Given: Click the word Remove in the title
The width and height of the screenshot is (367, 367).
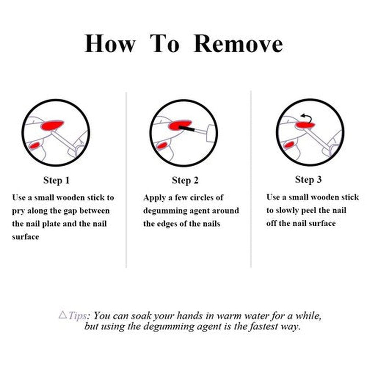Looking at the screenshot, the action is (x=238, y=44).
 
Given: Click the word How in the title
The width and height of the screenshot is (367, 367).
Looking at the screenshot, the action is (x=110, y=44).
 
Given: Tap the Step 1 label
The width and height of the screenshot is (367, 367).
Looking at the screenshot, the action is (x=56, y=180).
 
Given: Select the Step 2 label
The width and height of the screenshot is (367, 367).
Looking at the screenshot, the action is (x=185, y=180).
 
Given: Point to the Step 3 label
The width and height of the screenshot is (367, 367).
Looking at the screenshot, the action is (x=308, y=179).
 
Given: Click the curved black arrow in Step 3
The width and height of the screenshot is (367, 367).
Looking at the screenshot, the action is (x=308, y=117).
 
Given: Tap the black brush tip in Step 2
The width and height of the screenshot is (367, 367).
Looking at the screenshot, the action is (x=187, y=128).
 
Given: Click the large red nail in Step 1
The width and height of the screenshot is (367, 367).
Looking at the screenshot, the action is (x=52, y=125).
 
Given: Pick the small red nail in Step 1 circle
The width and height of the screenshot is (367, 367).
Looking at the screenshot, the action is (x=34, y=146).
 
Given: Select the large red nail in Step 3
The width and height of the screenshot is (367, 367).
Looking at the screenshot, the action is (x=305, y=125).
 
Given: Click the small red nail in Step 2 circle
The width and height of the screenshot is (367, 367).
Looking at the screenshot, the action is (x=162, y=146).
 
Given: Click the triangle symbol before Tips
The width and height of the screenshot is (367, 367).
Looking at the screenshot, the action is (x=63, y=315).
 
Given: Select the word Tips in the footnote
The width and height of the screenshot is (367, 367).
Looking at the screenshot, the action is (x=77, y=316).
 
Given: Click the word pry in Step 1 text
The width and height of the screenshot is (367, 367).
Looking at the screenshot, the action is (x=18, y=211).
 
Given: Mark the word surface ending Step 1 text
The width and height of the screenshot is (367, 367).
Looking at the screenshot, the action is (x=26, y=237).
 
